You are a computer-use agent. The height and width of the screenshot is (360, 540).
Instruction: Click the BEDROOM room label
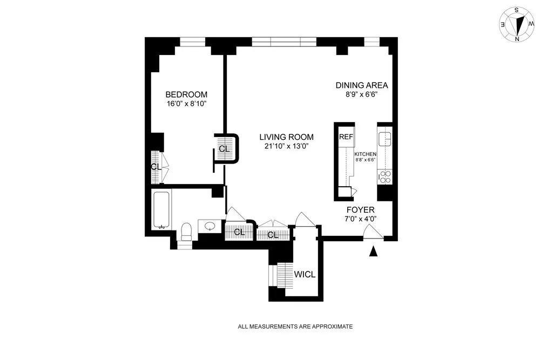point(186,95)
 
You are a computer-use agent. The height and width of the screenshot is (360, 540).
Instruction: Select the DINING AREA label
point(362,85)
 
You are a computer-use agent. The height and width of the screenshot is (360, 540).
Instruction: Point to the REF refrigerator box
point(346,137)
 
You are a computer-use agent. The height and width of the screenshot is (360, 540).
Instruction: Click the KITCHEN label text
point(365,154)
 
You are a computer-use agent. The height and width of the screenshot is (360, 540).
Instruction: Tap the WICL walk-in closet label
point(305,274)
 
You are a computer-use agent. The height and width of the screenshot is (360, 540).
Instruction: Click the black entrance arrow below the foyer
point(373,252)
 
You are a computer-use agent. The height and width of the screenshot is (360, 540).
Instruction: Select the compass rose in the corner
point(517,24)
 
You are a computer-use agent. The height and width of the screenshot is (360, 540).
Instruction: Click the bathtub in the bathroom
point(161,209)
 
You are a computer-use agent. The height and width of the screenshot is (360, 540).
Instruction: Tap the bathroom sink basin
point(211,226)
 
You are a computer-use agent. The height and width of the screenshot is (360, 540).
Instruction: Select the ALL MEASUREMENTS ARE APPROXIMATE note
point(295,327)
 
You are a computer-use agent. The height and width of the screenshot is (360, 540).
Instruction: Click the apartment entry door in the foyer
point(373,232)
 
